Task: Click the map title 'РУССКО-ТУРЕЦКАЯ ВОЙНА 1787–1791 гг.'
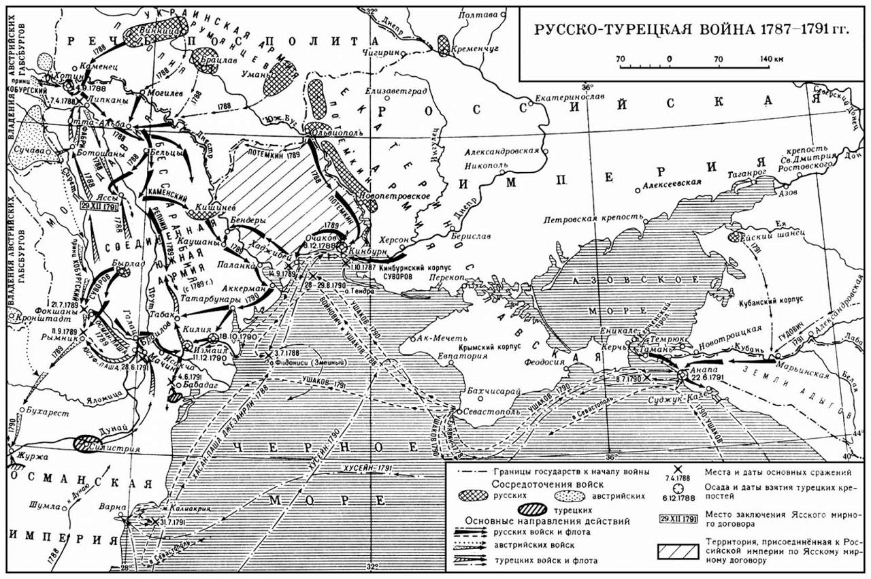tap(692, 30)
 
